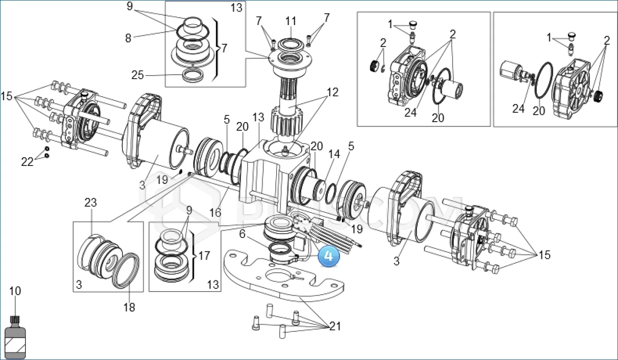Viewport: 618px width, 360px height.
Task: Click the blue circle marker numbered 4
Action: pyautogui.click(x=328, y=256)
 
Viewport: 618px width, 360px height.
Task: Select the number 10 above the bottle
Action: pyautogui.click(x=15, y=291)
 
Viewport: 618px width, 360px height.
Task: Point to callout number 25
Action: pyautogui.click(x=138, y=75)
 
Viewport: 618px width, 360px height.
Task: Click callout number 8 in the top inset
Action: pyautogui.click(x=128, y=38)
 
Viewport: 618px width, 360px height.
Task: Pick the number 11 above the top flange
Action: pyautogui.click(x=290, y=21)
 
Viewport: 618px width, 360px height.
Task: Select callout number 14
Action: pyautogui.click(x=334, y=154)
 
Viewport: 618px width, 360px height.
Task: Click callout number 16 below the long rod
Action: pyautogui.click(x=215, y=212)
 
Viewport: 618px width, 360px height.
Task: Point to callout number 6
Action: pyautogui.click(x=242, y=234)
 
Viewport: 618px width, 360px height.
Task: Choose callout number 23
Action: pyautogui.click(x=91, y=203)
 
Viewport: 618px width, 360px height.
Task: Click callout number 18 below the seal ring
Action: pyautogui.click(x=129, y=307)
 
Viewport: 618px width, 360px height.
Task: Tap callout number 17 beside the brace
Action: pyautogui.click(x=204, y=256)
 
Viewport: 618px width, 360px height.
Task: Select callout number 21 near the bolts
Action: pyautogui.click(x=335, y=326)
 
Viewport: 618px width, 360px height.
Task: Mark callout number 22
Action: pyautogui.click(x=27, y=162)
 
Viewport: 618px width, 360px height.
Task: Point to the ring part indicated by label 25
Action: pyautogui.click(x=193, y=75)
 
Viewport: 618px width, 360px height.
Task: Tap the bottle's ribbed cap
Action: pyautogui.click(x=16, y=320)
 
